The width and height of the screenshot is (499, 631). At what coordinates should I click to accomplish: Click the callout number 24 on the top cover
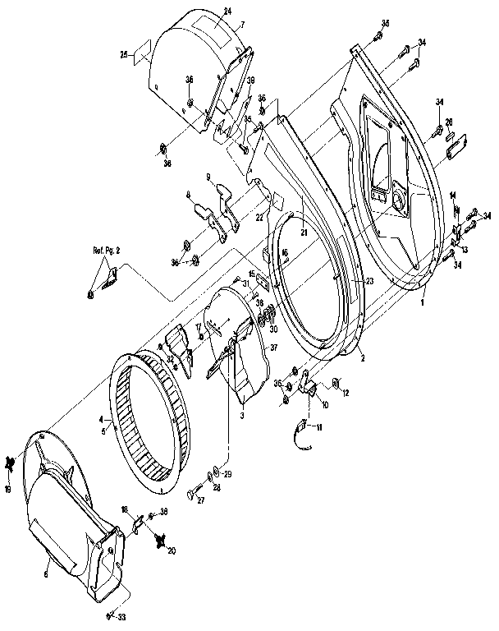click(x=227, y=11)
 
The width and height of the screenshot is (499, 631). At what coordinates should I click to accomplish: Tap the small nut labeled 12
click(x=336, y=382)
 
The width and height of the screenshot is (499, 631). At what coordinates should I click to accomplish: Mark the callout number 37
click(x=272, y=348)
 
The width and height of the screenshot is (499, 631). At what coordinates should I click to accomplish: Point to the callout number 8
click(x=188, y=195)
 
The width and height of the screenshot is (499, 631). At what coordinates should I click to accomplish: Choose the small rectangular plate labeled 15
click(x=261, y=280)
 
